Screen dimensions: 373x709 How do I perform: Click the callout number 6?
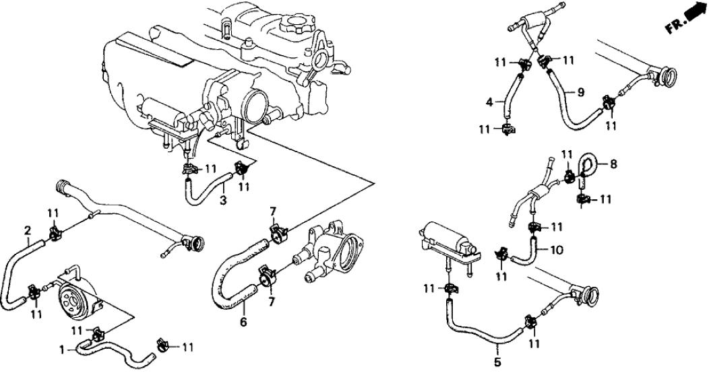pos(243,322)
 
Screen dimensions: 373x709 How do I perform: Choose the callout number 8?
pos(613,163)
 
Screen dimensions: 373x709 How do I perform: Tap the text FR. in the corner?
pos(674,27)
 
